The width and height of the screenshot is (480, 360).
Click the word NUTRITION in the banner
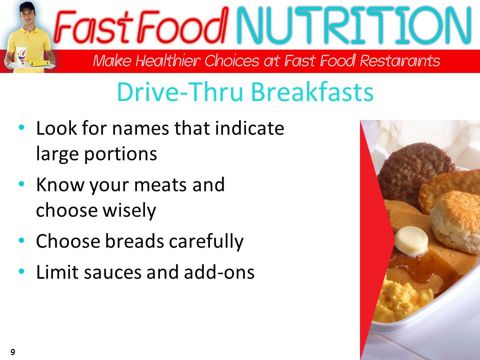(354, 25)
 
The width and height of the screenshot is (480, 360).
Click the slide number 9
(13, 352)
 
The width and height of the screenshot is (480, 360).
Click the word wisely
(129, 210)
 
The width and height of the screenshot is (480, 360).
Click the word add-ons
(219, 272)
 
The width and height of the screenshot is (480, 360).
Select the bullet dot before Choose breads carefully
(21, 240)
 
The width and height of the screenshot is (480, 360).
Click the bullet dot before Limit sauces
(21, 271)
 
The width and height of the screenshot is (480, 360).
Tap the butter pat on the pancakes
(411, 241)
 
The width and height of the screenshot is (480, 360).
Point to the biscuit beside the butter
(455, 221)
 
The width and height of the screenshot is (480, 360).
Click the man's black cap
(27, 6)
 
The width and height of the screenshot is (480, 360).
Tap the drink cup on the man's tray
(21, 55)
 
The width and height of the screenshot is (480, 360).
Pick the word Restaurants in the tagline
(400, 60)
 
